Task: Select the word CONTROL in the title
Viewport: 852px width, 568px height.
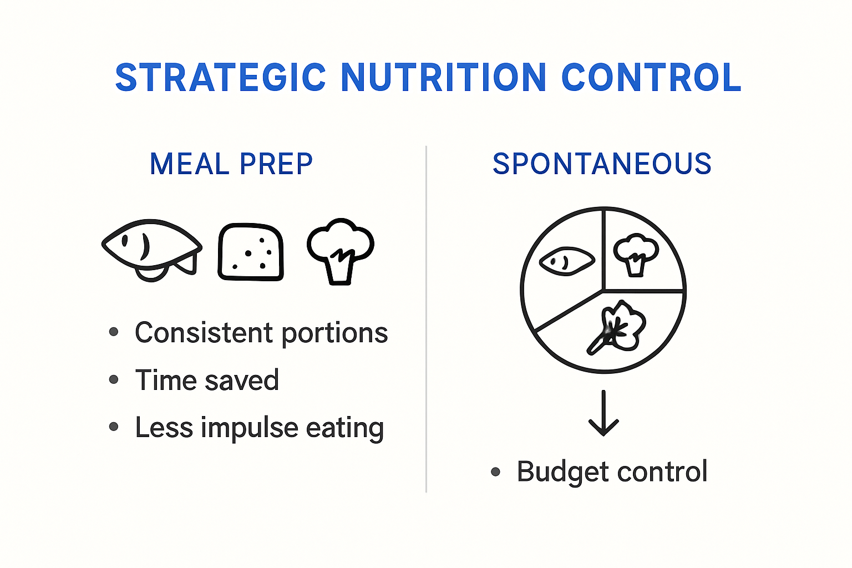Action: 651,78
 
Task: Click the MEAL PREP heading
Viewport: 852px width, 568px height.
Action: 231,164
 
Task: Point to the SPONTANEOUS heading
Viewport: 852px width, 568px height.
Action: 602,164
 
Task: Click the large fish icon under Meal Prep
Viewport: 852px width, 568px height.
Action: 151,248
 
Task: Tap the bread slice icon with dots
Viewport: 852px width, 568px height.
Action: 251,252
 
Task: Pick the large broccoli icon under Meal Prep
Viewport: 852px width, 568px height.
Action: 341,250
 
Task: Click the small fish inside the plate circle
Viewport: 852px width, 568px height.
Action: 566,261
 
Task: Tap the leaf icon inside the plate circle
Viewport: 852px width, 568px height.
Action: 617,328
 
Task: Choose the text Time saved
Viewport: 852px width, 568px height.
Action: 206,381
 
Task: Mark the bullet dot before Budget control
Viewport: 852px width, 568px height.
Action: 495,472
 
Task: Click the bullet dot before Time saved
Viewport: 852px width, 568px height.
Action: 114,380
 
